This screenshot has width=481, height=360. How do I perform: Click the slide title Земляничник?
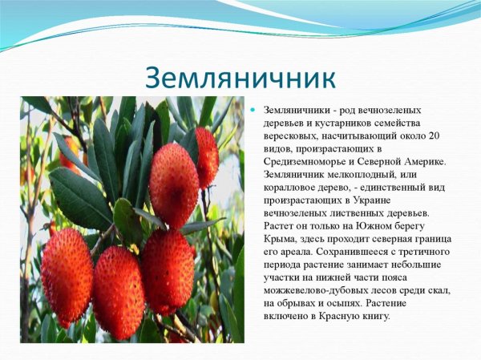point(240,77)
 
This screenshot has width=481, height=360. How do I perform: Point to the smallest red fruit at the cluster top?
point(207,156)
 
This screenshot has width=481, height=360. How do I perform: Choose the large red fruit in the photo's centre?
point(174,185)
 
